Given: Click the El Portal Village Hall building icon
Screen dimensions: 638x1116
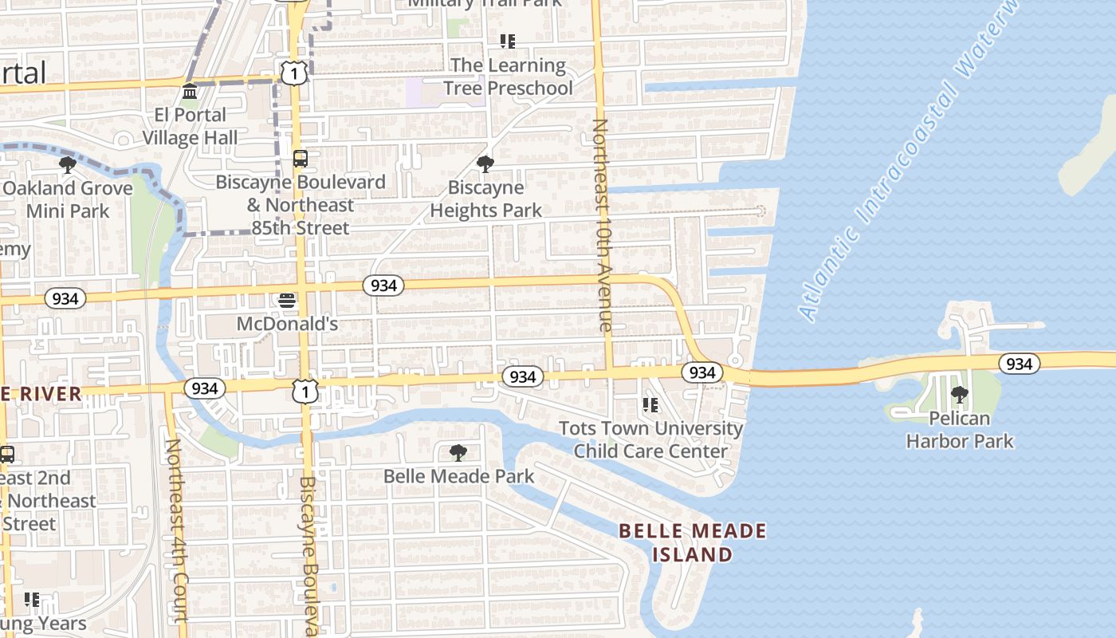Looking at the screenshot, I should (x=190, y=92).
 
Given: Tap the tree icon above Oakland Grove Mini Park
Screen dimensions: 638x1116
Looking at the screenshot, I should (x=68, y=165).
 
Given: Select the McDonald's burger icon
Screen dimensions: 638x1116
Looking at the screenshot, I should (x=287, y=301).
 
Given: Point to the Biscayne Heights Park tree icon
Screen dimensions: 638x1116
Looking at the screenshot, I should (x=485, y=164).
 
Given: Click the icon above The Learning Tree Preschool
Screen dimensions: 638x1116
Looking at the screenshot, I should (x=508, y=41).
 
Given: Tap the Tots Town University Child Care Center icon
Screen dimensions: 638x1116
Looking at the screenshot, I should (x=650, y=405).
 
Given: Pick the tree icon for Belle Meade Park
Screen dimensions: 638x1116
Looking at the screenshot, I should (x=458, y=453).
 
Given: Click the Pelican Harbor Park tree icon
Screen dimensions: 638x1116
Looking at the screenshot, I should (x=960, y=395).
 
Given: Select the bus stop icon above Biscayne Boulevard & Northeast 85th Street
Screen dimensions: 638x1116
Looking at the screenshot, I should (x=300, y=159).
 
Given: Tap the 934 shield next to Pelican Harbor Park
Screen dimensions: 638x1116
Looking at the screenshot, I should (x=1019, y=364).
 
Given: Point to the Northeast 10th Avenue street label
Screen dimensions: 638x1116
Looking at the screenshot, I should (x=603, y=225).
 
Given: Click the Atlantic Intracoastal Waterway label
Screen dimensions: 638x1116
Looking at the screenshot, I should (x=909, y=159).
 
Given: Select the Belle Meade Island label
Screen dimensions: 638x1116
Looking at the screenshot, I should (x=693, y=542).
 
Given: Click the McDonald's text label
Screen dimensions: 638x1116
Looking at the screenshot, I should (x=287, y=324).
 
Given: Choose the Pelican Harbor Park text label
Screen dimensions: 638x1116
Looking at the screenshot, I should (x=960, y=429).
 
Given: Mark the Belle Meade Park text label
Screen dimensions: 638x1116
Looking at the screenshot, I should (x=458, y=476).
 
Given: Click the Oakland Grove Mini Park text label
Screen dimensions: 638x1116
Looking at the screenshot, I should (x=68, y=199).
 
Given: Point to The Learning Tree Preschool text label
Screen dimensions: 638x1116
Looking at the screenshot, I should (x=508, y=77).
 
